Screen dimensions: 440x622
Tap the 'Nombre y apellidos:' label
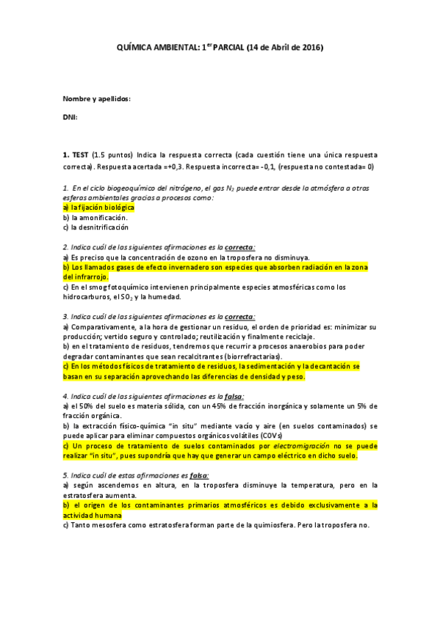(x=96, y=99)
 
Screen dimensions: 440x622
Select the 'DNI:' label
(x=70, y=117)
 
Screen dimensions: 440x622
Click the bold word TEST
(x=79, y=155)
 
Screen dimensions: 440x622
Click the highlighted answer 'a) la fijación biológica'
(x=98, y=208)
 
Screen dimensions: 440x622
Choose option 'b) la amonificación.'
(x=95, y=217)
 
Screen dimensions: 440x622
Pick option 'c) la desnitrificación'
(x=98, y=227)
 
